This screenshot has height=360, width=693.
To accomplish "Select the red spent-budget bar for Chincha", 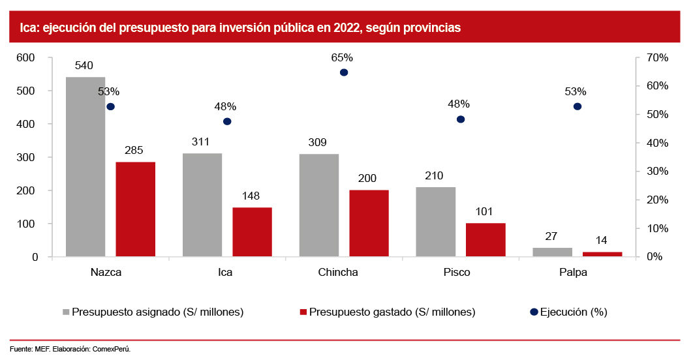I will [x=369, y=224].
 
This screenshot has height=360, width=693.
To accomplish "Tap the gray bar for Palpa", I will [x=552, y=252].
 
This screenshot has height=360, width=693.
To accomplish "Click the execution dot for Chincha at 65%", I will [x=344, y=72].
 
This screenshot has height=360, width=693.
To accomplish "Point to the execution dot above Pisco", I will [x=461, y=119].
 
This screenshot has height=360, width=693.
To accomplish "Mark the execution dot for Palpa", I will [x=577, y=106].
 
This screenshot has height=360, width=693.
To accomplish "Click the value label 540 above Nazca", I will [x=84, y=66].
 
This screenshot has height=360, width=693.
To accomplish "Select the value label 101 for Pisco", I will [x=484, y=212].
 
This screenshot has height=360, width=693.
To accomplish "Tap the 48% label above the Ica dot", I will [x=225, y=107].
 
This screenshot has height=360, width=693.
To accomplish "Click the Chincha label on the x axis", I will [x=337, y=273].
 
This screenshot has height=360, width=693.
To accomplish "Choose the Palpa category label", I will [x=573, y=273].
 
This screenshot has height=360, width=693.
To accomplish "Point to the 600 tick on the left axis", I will [x=25, y=58].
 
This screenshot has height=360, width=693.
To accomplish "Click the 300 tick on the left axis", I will [x=25, y=158].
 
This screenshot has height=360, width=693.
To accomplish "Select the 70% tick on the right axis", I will [x=656, y=58].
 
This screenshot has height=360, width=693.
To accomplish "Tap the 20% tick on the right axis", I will [x=656, y=200].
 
